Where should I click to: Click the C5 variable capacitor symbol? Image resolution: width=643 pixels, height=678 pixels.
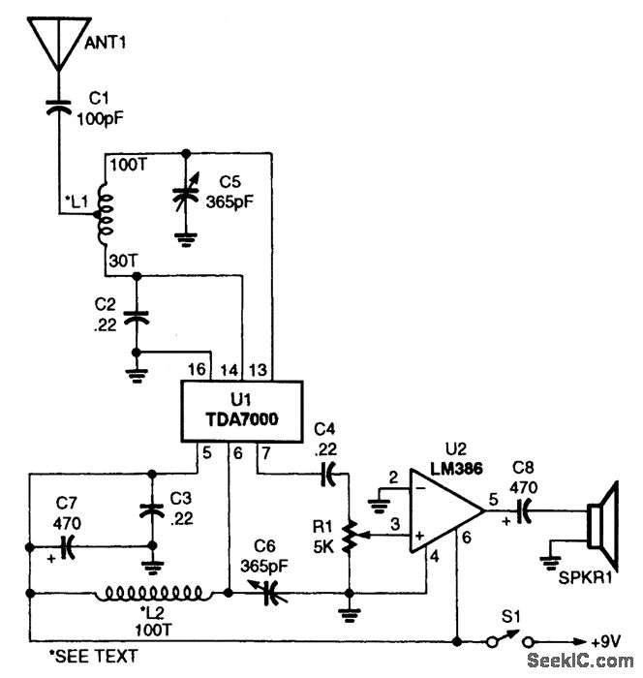point(184,194)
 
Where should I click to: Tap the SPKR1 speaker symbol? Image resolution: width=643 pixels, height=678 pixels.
point(600,524)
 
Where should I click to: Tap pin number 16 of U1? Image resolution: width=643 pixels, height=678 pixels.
point(196,369)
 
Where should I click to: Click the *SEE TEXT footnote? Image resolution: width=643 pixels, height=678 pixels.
point(84,658)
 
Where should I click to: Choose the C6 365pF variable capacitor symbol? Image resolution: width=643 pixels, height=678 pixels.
point(272,594)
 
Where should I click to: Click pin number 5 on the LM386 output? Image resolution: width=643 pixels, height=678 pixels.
point(494,500)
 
